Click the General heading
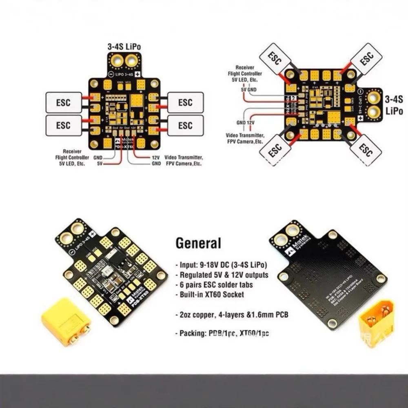[198, 243]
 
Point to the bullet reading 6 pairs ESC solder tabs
[216, 284]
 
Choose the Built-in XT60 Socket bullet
[213, 295]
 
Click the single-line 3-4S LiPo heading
[124, 47]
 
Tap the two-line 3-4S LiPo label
[394, 105]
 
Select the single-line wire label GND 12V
[246, 122]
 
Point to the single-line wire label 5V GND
[248, 89]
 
